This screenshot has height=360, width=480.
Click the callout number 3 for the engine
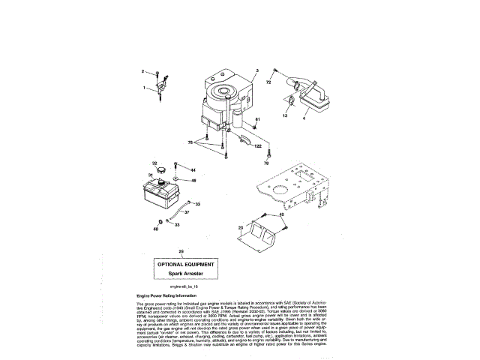[256, 70]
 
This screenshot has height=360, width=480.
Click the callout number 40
[156, 229]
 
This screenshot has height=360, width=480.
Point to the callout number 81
[257, 120]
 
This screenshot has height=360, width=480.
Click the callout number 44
[193, 169]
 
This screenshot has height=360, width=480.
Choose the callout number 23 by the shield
[241, 226]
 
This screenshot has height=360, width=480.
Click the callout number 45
[283, 214]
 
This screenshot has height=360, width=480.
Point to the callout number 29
[180, 250]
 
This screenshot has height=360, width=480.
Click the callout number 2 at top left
[142, 71]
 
